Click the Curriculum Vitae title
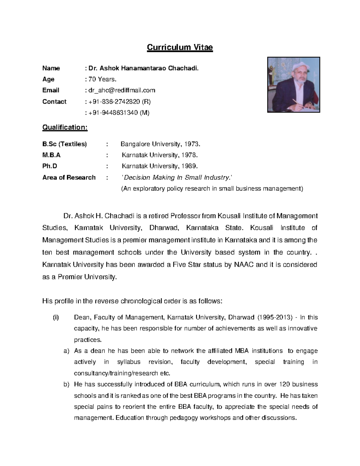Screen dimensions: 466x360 pos(180,47)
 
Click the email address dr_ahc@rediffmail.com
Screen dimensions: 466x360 pos(120,90)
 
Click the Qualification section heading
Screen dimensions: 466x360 pos(65,127)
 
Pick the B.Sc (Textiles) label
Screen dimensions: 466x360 pos(64,144)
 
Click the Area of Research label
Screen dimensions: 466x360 pos(69,177)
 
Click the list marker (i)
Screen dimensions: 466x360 pos(56,317)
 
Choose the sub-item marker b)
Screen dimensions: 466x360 pos(66,384)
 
